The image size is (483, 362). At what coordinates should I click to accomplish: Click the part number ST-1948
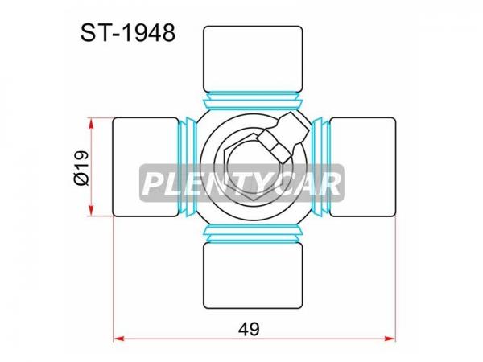coord(128,33)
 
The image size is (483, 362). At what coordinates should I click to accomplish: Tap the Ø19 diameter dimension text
coord(82,168)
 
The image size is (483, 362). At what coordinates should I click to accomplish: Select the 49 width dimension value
coord(249,329)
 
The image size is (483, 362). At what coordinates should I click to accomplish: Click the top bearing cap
coord(253,59)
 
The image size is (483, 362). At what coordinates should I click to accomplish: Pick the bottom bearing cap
coord(253,275)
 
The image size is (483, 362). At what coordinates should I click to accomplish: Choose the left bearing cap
coord(146,167)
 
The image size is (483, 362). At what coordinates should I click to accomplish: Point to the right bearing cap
coord(362,167)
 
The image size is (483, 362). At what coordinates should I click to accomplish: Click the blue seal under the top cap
coord(253,101)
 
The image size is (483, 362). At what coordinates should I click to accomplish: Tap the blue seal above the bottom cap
coord(253,234)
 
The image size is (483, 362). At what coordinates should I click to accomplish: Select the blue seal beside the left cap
coord(187,167)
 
